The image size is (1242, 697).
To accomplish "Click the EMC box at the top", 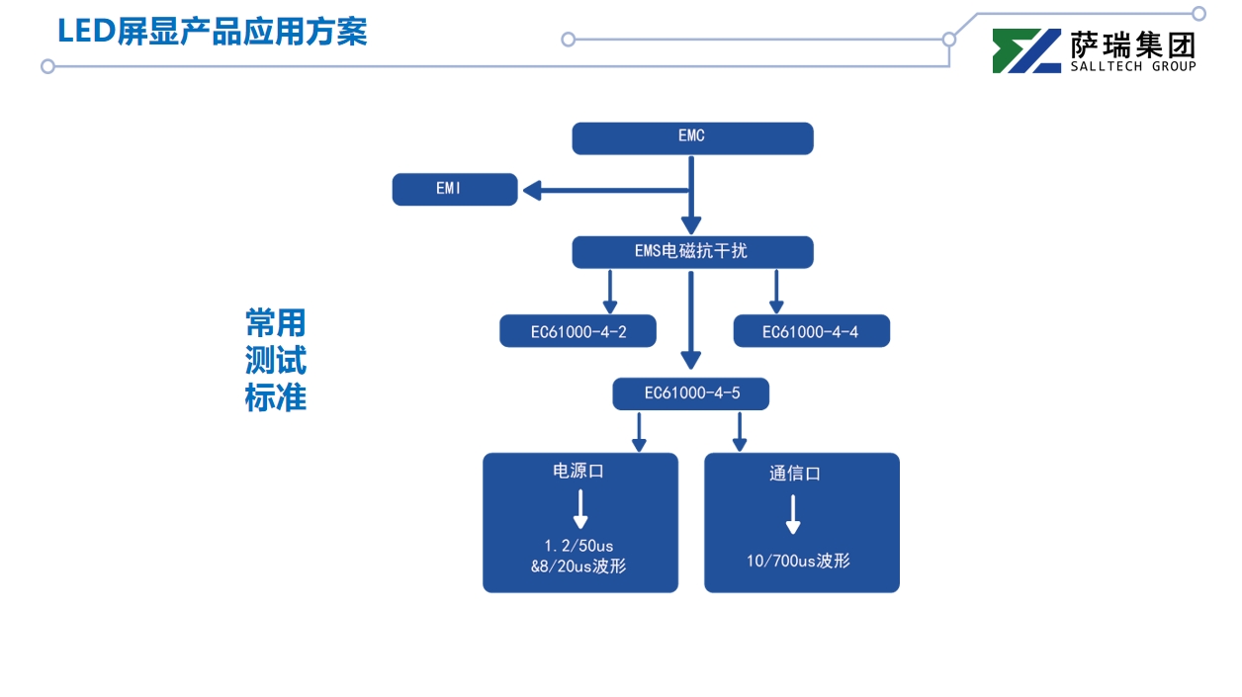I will pyautogui.click(x=692, y=138).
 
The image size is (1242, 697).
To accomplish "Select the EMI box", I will pyautogui.click(x=454, y=189).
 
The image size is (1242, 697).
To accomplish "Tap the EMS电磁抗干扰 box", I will pyautogui.click(x=692, y=252).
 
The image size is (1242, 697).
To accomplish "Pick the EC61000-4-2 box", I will pyautogui.click(x=578, y=331).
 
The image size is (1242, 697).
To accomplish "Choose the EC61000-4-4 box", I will pyautogui.click(x=811, y=331).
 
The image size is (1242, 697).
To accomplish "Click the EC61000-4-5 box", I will pyautogui.click(x=691, y=393).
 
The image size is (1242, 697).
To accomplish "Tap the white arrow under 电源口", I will pyautogui.click(x=580, y=509).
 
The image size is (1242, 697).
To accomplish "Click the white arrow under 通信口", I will pyautogui.click(x=793, y=514).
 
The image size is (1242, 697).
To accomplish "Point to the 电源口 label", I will pyautogui.click(x=578, y=472).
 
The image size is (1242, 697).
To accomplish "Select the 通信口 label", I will pyautogui.click(x=795, y=474).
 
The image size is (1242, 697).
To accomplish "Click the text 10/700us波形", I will pyautogui.click(x=798, y=562).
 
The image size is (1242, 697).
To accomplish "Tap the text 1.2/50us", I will pyautogui.click(x=578, y=546).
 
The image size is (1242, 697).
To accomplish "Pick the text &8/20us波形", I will pyautogui.click(x=578, y=566).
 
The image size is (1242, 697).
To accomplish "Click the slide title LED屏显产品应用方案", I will pyautogui.click(x=213, y=32).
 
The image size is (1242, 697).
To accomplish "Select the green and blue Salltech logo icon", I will pyautogui.click(x=1026, y=50).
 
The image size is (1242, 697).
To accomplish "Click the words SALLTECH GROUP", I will pyautogui.click(x=1133, y=66).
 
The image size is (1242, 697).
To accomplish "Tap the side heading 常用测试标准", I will pyautogui.click(x=276, y=360).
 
